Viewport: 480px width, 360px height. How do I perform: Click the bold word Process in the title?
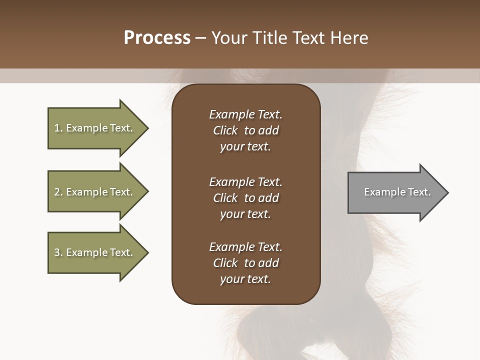point(157,38)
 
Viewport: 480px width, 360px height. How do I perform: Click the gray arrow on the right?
point(395,192)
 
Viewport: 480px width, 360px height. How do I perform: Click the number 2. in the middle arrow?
point(58,192)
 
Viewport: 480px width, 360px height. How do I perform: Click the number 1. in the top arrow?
point(58,128)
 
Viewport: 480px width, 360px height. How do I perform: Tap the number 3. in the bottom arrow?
point(58,252)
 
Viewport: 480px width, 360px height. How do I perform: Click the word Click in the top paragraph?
point(225,130)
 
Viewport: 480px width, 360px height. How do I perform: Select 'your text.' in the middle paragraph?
point(245,214)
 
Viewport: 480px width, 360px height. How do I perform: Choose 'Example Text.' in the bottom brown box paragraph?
point(245,247)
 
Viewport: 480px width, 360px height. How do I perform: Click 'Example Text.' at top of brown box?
point(245,114)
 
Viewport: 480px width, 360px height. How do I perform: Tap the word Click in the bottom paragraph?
point(225,263)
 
